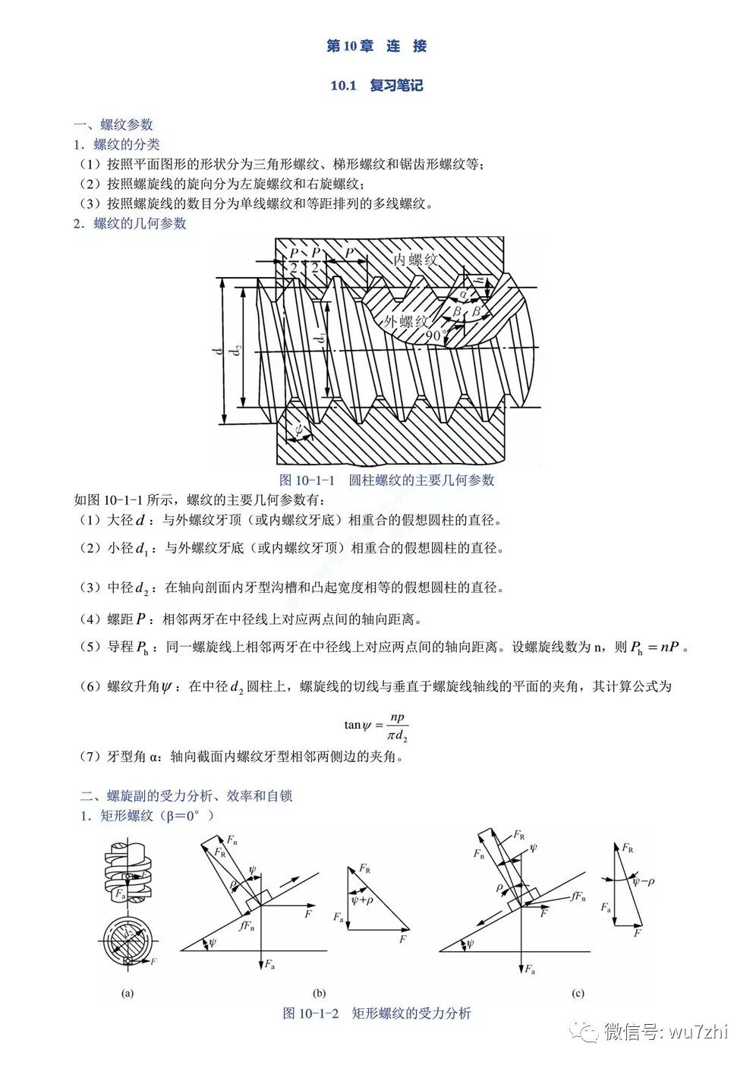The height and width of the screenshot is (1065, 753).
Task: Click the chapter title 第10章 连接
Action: tap(376, 46)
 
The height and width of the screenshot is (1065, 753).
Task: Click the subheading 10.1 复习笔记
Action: tap(376, 86)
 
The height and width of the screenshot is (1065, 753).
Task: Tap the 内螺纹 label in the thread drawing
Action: tap(415, 260)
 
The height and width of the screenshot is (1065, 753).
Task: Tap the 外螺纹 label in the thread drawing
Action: tap(406, 320)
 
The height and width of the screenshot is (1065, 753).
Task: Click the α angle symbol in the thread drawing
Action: tap(464, 295)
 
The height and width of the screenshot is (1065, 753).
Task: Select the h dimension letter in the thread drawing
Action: tap(481, 279)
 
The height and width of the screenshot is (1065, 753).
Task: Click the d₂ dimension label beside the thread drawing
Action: tap(237, 350)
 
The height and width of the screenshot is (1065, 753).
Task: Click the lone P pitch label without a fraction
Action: tap(349, 253)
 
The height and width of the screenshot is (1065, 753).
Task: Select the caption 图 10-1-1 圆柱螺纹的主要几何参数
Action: tap(387, 480)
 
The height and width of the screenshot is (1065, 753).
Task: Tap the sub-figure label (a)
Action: tap(127, 992)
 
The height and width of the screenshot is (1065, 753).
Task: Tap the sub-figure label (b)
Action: tap(319, 992)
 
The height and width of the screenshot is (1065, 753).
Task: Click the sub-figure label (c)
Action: tap(578, 992)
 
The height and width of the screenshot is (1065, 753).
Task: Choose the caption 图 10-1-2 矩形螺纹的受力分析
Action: tap(376, 1013)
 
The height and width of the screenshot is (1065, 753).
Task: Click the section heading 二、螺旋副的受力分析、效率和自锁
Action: tap(187, 796)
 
